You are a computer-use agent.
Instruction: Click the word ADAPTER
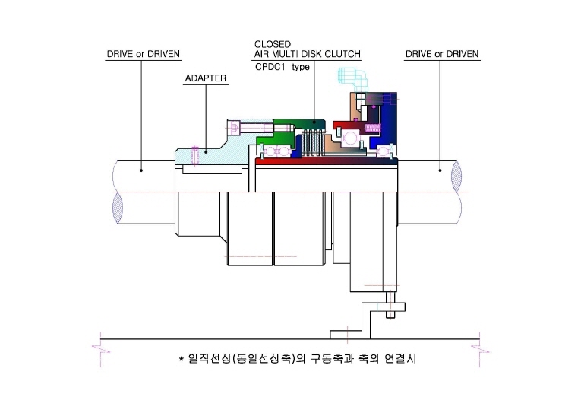tap(206, 78)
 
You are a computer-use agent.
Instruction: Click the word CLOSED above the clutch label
tap(273, 45)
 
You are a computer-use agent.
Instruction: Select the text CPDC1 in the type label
tap(270, 67)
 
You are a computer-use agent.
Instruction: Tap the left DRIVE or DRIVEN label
tap(144, 54)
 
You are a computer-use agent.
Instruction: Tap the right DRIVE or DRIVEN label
tap(442, 54)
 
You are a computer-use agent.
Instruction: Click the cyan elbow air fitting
tap(354, 78)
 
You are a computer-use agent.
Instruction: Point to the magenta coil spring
tap(372, 128)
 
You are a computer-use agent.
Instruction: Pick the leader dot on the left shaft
tap(141, 170)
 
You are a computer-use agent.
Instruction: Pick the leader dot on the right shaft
tap(440, 170)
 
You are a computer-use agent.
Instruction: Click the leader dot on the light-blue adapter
tap(206, 152)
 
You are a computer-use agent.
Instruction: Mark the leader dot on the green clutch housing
tap(314, 122)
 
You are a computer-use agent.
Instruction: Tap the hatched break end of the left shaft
tap(118, 208)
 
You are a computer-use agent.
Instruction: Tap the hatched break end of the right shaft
tap(456, 176)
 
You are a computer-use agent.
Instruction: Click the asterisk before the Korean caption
tap(182, 358)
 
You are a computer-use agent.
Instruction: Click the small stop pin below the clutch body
tap(390, 305)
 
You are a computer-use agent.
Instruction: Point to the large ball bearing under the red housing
tap(350, 138)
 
